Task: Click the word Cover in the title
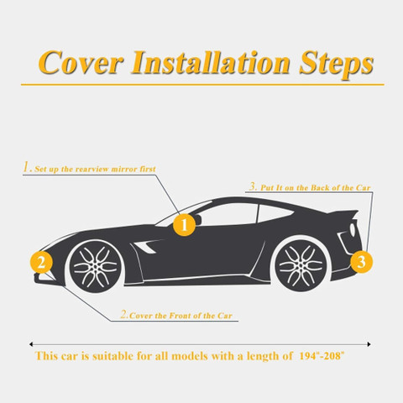tap(81, 62)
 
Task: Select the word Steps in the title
tap(336, 65)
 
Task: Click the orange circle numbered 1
tap(184, 224)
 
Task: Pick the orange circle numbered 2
tap(41, 263)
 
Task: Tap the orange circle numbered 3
tap(361, 262)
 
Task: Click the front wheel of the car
tap(96, 266)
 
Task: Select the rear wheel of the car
tap(301, 265)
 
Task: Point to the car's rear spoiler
tap(347, 214)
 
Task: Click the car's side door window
tap(228, 215)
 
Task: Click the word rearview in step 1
tap(92, 170)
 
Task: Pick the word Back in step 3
tap(318, 188)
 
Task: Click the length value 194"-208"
tap(322, 356)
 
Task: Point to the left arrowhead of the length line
tap(31, 344)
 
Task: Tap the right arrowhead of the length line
tap(369, 344)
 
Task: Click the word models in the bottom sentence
tap(190, 356)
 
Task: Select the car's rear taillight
tap(353, 229)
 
